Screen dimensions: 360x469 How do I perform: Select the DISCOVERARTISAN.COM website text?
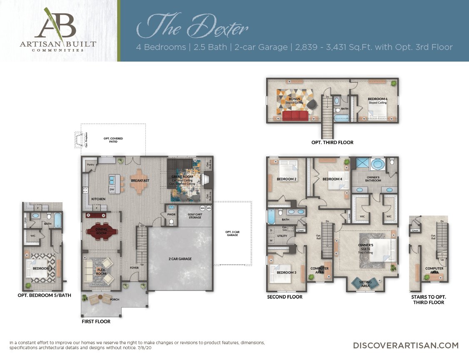point(406,345)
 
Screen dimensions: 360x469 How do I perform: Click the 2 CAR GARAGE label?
point(180,259)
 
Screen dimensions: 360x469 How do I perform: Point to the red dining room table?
point(101,231)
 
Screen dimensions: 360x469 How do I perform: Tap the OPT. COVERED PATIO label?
point(113,140)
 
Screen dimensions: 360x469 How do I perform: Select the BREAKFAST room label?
point(140,181)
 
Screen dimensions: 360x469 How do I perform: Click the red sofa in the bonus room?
point(296,115)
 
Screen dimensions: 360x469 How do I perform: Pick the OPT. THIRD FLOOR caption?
point(332,142)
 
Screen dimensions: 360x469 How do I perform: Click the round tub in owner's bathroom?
point(378,164)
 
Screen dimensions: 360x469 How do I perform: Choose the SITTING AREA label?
point(365,284)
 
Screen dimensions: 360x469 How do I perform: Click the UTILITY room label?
point(282,236)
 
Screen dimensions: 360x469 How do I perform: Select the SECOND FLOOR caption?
point(284,297)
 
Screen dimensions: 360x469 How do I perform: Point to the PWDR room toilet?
point(170,222)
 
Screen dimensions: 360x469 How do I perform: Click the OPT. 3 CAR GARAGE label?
point(232,233)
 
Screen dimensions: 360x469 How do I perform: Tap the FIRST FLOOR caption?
point(96,321)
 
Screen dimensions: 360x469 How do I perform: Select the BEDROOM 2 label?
point(287,179)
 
